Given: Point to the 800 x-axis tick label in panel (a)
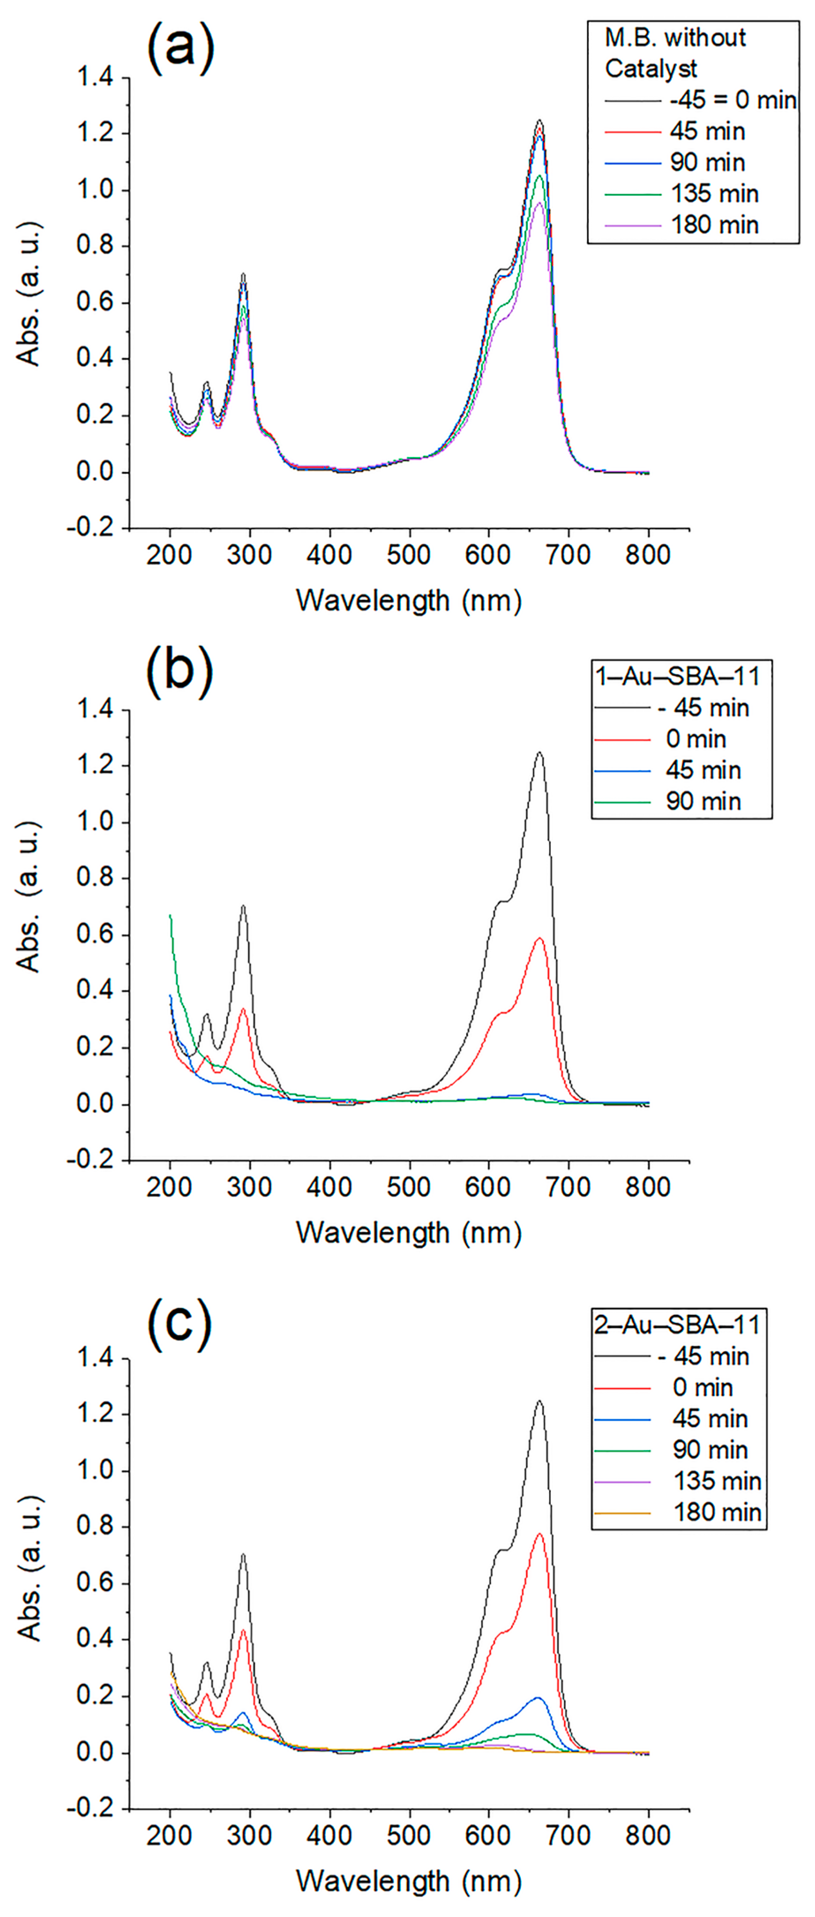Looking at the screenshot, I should click(647, 555).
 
